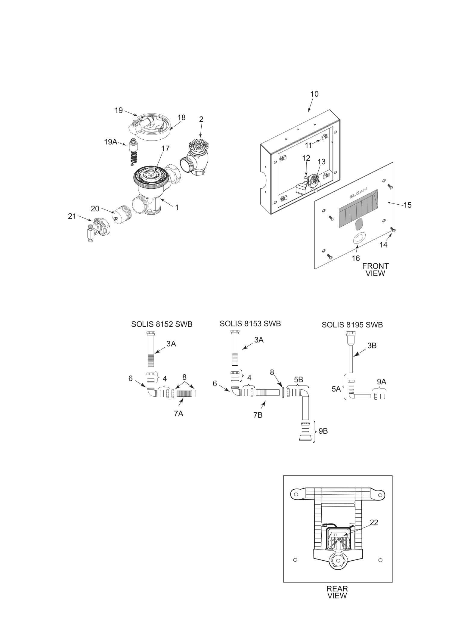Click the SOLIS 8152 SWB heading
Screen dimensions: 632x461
(x=162, y=324)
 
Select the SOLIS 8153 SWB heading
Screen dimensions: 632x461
(x=250, y=324)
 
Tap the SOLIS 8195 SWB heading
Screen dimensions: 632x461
(x=352, y=325)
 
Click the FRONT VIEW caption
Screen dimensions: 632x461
(x=375, y=270)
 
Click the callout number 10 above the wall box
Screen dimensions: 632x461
(x=314, y=94)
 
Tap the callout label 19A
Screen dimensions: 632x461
(x=110, y=142)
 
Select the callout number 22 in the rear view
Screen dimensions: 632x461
(x=374, y=522)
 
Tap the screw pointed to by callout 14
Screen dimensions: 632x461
(x=393, y=230)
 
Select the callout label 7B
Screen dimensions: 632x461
(x=258, y=415)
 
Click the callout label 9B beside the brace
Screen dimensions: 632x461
(x=323, y=431)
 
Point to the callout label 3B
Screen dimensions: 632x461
(x=372, y=345)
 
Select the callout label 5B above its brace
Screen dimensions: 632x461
(x=298, y=380)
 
